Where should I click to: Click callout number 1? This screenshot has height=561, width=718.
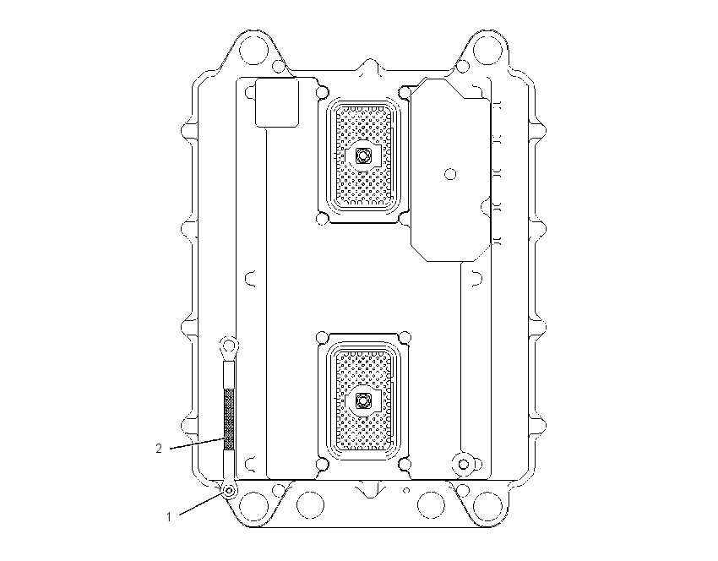point(168,517)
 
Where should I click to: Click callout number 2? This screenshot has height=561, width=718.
point(159,449)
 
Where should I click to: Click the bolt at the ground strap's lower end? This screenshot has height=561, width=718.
point(229,491)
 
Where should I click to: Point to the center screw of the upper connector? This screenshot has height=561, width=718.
point(363,155)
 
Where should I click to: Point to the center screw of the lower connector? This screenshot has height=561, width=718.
point(363,401)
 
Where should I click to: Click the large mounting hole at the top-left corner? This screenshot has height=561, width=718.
point(253,48)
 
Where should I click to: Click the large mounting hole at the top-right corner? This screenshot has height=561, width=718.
point(487,48)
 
